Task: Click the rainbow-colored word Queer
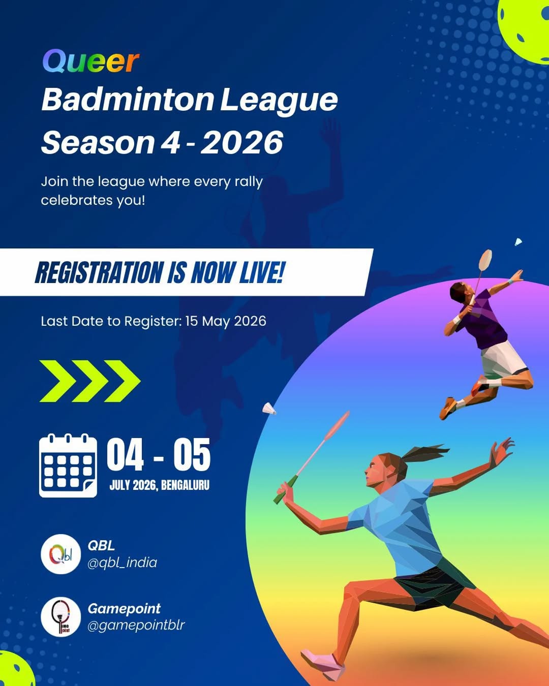pyautogui.click(x=91, y=61)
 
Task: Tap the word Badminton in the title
pyautogui.click(x=128, y=100)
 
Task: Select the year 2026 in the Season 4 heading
pyautogui.click(x=241, y=142)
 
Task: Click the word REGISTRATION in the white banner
pyautogui.click(x=99, y=272)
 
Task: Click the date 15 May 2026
pyautogui.click(x=226, y=321)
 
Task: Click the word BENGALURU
pyautogui.click(x=185, y=485)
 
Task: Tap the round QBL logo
pyautogui.click(x=61, y=554)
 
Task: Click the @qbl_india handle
pyautogui.click(x=122, y=563)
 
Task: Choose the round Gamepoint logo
pyautogui.click(x=61, y=617)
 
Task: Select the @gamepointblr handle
pyautogui.click(x=136, y=626)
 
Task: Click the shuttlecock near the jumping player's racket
pyautogui.click(x=518, y=242)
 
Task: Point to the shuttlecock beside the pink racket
pyautogui.click(x=269, y=409)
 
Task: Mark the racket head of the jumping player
pyautogui.click(x=485, y=260)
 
